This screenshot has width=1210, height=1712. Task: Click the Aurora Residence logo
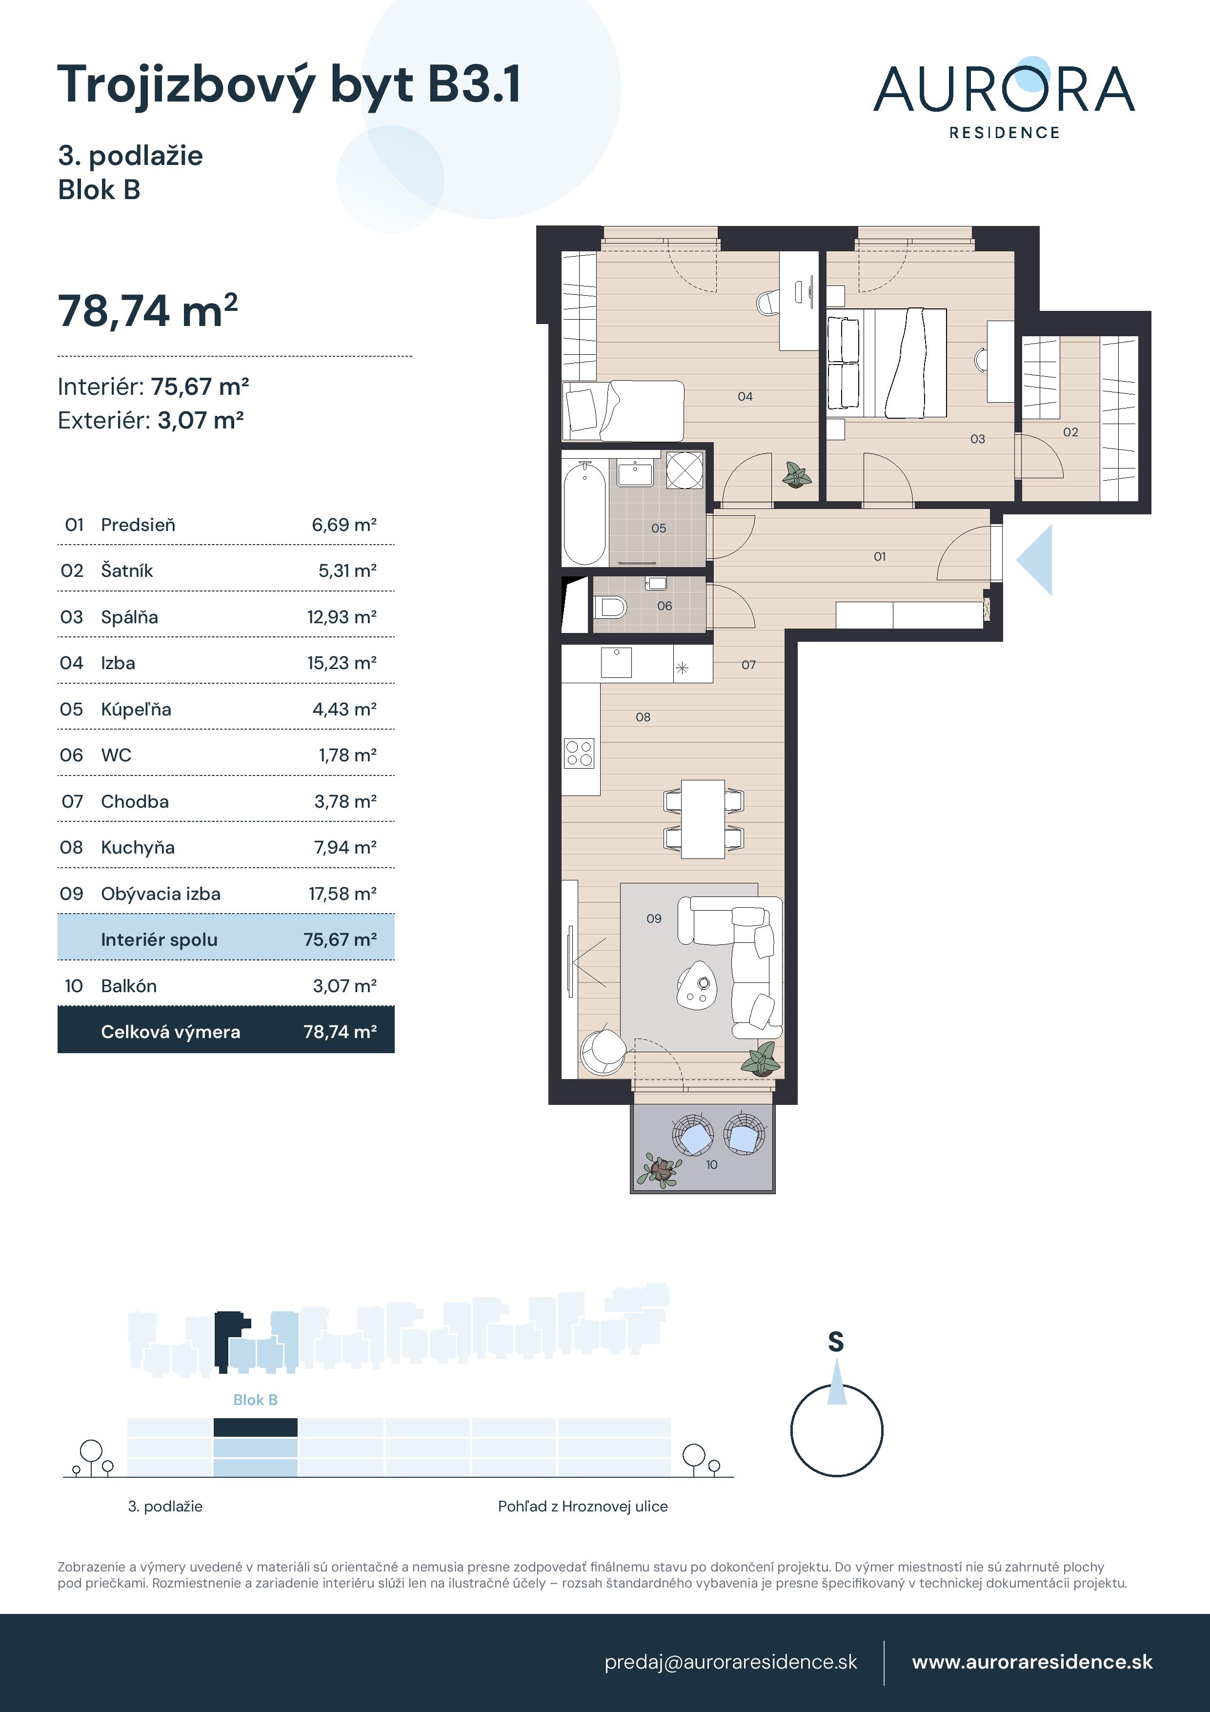[x=1004, y=98]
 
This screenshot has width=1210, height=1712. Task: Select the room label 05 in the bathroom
[x=658, y=528]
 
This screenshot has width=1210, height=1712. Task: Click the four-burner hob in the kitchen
[x=579, y=753]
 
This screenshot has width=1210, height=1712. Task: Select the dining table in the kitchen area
[x=703, y=819]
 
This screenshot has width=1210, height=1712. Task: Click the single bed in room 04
[x=623, y=410]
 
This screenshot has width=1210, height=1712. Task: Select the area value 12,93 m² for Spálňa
[x=342, y=617]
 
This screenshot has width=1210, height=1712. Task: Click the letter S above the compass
[x=836, y=1342]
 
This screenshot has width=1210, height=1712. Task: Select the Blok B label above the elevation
[x=255, y=1400]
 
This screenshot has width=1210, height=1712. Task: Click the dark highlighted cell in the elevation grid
[x=255, y=1427]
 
